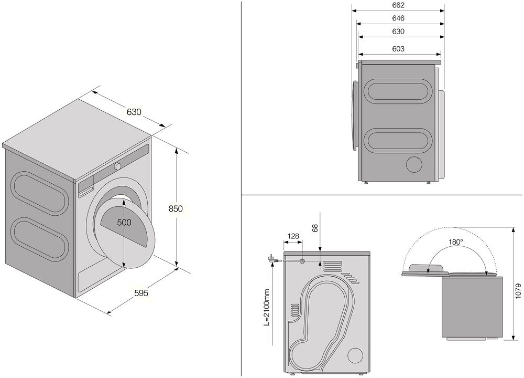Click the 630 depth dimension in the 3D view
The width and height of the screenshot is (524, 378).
click(134, 111)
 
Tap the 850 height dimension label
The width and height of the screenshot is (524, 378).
click(176, 208)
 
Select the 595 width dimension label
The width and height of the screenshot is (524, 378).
click(140, 293)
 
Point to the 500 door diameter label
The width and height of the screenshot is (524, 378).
click(124, 222)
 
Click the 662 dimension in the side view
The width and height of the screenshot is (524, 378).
click(398, 5)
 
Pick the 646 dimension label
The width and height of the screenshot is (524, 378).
click(398, 18)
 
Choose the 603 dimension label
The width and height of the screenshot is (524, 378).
click(398, 49)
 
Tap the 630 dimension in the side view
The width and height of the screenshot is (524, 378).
click(398, 31)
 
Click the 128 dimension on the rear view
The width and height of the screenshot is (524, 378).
click(293, 236)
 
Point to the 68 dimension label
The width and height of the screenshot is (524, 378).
click(315, 228)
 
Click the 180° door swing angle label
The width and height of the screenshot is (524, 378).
click(456, 242)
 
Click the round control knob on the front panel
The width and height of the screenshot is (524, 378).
click(117, 166)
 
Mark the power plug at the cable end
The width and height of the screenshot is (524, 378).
click(272, 258)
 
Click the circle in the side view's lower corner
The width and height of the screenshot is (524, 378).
click(416, 164)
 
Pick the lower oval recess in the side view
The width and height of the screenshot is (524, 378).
click(399, 140)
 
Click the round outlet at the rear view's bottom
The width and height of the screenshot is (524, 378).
click(355, 355)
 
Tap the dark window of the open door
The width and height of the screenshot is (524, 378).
click(124, 223)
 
